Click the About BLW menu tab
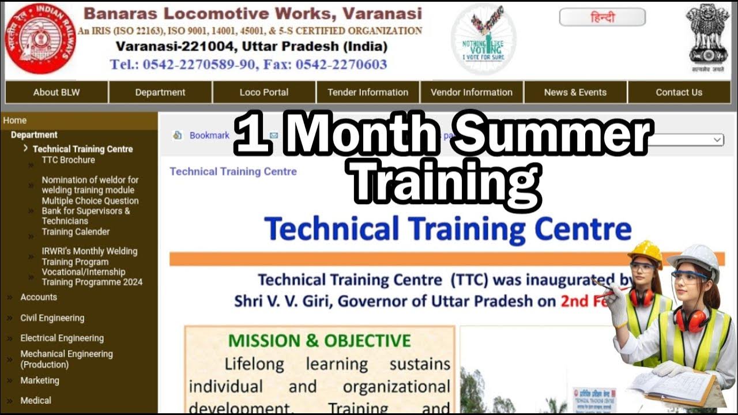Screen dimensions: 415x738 [57, 92]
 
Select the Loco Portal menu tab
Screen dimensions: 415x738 [264, 92]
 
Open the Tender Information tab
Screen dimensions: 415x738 [368, 92]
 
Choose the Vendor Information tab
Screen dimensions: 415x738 [472, 92]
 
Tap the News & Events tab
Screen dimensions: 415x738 [575, 92]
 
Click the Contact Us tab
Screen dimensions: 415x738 [679, 92]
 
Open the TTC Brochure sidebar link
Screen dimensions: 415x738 [68, 160]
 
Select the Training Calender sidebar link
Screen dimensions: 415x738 [76, 232]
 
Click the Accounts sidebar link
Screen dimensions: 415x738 [39, 297]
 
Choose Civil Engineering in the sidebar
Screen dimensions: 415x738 [52, 318]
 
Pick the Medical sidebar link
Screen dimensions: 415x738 [36, 400]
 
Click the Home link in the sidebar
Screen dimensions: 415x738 [15, 120]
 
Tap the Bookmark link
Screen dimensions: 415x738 [209, 135]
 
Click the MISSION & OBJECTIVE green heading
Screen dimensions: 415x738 [319, 340]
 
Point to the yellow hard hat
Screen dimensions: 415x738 [646, 251]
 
